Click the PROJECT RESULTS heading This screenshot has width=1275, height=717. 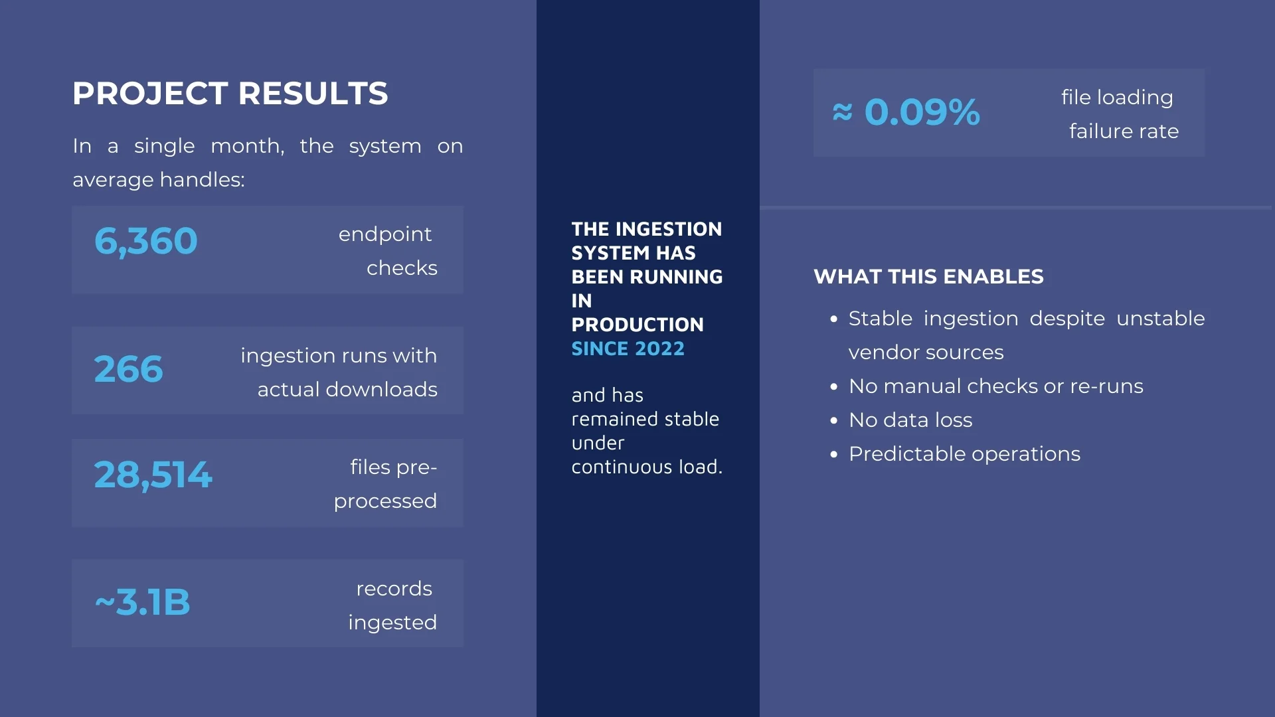coord(230,94)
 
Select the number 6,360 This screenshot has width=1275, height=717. coord(146,241)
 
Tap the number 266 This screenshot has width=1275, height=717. coord(128,369)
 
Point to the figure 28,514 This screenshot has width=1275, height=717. coord(153,475)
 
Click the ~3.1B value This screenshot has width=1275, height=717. coord(143,603)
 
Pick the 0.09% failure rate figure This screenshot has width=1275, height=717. coord(922,112)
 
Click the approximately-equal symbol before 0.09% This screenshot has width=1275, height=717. coord(842,112)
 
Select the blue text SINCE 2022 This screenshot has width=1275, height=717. coord(628,349)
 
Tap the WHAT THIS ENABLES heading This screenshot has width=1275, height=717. coord(928,277)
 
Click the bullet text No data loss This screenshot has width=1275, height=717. coord(910,420)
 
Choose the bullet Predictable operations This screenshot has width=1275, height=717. coord(964,454)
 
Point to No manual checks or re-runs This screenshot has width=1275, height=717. coord(995,386)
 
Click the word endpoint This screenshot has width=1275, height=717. coord(385,234)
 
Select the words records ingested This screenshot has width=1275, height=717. coord(393,605)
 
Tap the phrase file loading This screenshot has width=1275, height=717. coord(1117,98)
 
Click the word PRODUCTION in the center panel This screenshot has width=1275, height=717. coord(637,325)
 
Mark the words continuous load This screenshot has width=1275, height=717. coord(646,467)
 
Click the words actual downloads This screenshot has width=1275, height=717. coord(347,390)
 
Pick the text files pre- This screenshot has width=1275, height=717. coord(393,467)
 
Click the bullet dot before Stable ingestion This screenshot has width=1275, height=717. coord(834,319)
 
